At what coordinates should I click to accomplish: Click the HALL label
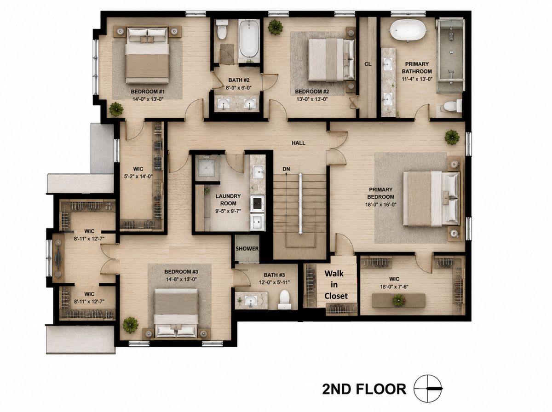[298, 143]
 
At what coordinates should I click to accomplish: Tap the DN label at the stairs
[286, 169]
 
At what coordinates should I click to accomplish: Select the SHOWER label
[247, 249]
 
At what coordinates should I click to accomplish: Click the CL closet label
[368, 64]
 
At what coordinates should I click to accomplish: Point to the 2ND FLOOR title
[364, 389]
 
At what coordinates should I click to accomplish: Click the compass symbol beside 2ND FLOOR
[428, 389]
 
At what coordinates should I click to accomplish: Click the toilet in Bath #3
[285, 300]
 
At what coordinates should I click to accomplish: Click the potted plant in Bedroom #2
[276, 27]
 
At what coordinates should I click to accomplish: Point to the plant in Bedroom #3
[131, 325]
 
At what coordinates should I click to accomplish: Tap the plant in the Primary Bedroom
[452, 137]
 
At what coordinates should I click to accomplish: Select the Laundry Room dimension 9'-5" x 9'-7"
[228, 211]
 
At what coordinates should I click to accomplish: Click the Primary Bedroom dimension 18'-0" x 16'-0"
[381, 205]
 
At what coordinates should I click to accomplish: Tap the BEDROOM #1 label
[148, 92]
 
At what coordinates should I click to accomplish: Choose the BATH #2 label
[239, 80]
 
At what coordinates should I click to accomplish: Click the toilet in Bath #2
[222, 29]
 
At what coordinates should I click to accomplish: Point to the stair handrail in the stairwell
[300, 203]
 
